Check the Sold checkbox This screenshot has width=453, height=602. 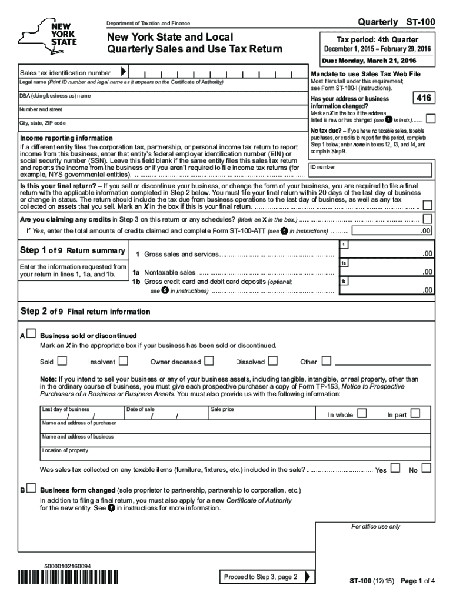point(62,361)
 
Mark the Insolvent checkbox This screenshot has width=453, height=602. point(124,361)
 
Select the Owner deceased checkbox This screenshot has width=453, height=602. point(209,361)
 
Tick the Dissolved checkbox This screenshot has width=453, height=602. point(272,361)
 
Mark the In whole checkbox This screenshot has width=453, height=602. point(361,413)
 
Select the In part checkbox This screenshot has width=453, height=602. point(415,413)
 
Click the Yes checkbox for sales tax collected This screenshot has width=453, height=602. point(395,469)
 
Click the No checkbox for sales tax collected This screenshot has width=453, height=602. point(426,469)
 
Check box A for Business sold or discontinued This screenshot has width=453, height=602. point(31,334)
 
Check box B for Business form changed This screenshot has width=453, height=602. point(31,489)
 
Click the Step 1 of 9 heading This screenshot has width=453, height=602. point(72,251)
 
